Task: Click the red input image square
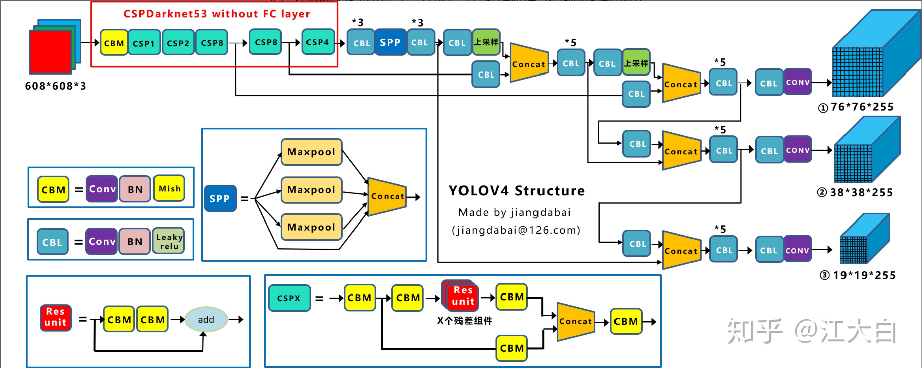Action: [50, 52]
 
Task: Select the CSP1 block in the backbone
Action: [144, 43]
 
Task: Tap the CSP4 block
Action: [318, 42]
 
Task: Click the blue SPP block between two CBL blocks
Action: [390, 43]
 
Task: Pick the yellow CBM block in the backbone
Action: [114, 43]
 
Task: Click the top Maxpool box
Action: [312, 152]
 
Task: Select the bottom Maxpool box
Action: [312, 227]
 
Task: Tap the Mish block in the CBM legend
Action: [170, 189]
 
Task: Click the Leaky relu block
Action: [169, 242]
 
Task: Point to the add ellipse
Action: [206, 319]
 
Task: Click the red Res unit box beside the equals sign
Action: [55, 317]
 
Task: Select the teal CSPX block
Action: [289, 298]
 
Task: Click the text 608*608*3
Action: [55, 86]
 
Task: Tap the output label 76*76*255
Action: [862, 107]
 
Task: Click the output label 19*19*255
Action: [864, 275]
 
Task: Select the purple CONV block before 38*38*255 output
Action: [798, 150]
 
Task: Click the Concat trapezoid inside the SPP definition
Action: [387, 196]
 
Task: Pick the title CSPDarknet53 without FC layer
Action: [217, 14]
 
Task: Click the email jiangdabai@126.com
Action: [516, 230]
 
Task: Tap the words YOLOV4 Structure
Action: [517, 191]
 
